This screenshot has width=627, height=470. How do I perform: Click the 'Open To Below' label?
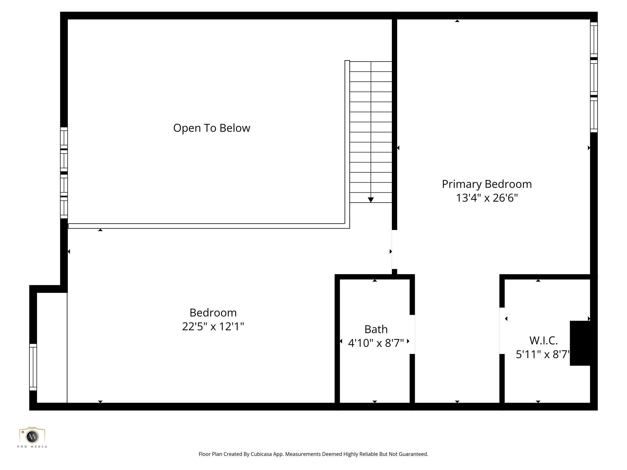click(x=212, y=128)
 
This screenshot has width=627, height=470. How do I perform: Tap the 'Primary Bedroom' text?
click(x=487, y=184)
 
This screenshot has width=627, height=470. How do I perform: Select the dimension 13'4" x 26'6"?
click(x=487, y=198)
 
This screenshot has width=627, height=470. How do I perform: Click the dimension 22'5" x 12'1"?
click(x=213, y=326)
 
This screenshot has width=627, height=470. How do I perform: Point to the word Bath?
click(x=376, y=329)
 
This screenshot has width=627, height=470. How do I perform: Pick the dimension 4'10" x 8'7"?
click(x=376, y=343)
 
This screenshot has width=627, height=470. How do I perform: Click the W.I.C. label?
click(x=543, y=341)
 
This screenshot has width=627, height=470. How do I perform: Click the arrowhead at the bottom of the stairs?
click(x=371, y=200)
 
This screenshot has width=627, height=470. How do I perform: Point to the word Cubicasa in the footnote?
click(x=261, y=454)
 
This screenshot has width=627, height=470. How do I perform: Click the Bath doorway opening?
click(x=412, y=334)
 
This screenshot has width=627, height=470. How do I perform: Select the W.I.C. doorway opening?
click(x=502, y=330)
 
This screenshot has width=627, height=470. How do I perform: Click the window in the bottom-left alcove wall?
click(x=33, y=367)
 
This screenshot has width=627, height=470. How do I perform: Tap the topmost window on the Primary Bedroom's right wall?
click(x=594, y=39)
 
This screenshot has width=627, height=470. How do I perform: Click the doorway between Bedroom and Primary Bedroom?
click(x=394, y=249)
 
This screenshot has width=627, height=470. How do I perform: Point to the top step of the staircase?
click(x=371, y=66)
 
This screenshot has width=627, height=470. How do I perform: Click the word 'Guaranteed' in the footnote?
click(x=414, y=454)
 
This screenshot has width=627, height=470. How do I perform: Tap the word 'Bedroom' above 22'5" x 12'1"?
click(x=213, y=313)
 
